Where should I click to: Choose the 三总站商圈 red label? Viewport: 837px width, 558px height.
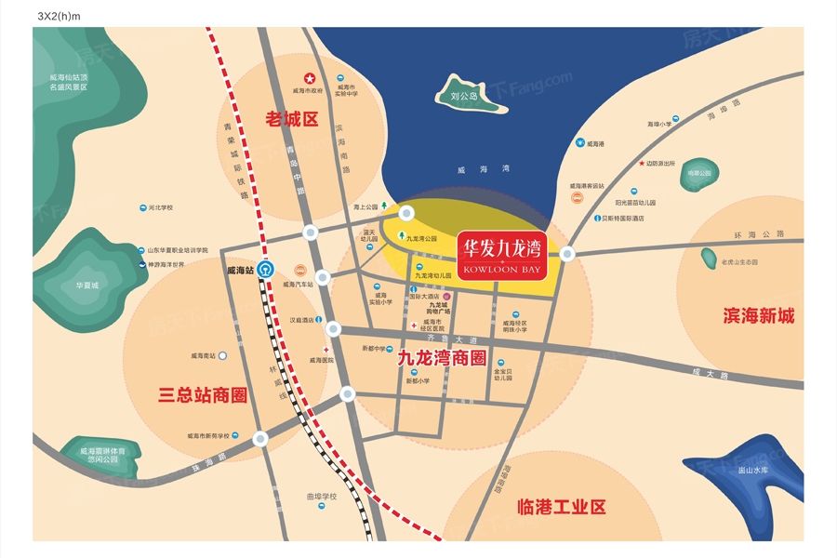(x=202, y=395)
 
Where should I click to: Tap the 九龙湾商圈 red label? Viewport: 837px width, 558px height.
(x=442, y=356)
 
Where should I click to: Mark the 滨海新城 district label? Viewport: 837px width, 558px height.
(x=758, y=316)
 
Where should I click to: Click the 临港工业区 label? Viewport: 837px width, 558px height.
(x=559, y=507)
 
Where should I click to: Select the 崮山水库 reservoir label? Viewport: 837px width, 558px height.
(x=753, y=471)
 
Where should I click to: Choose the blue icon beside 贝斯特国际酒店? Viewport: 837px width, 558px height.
(x=595, y=219)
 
